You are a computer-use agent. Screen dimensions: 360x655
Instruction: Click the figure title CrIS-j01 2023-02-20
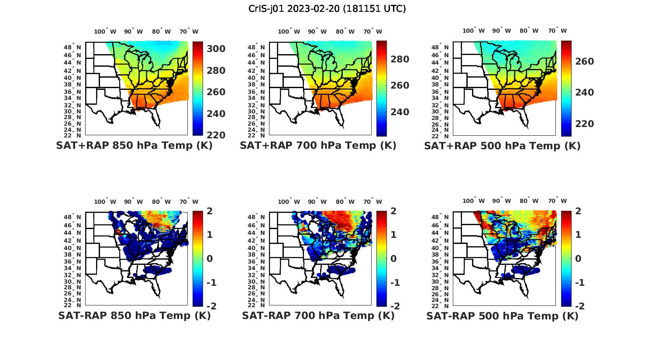327,8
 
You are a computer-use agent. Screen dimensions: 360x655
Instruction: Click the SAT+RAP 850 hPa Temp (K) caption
134,146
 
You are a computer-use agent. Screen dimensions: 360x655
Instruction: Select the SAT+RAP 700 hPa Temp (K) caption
318,146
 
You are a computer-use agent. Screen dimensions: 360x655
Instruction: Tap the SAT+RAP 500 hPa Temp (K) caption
502,146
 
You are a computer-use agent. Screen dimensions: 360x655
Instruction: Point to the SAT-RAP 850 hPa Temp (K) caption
134,315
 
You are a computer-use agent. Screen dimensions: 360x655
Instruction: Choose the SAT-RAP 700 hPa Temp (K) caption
318,315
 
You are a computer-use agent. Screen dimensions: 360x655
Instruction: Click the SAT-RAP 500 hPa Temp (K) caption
502,315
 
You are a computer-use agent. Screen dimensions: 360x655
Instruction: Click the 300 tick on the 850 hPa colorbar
216,49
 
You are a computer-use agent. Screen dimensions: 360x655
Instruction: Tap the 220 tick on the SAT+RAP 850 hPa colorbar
216,135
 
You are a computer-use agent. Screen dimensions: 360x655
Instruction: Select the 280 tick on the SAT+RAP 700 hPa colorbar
400,59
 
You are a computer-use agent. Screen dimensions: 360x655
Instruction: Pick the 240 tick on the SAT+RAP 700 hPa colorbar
400,112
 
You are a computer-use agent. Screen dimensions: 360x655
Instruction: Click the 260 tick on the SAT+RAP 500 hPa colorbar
584,62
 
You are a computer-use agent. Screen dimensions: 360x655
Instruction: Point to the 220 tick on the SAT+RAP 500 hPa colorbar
584,124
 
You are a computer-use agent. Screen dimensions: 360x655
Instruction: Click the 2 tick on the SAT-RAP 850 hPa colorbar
210,211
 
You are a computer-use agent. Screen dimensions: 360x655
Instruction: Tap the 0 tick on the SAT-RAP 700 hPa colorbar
394,258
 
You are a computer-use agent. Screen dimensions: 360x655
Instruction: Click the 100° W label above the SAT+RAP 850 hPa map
105,31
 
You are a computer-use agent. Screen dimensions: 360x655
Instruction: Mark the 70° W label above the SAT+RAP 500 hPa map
557,31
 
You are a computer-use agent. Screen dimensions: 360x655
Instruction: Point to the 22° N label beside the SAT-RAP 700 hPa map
256,305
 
